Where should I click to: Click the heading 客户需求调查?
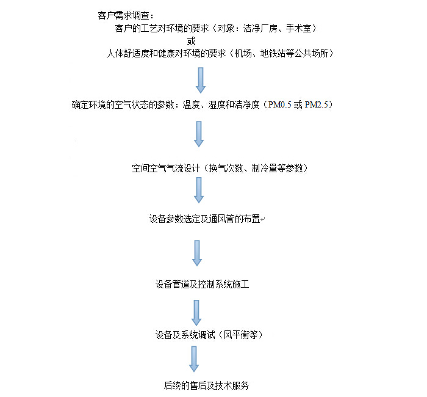(123, 15)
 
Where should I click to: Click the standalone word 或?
(191, 41)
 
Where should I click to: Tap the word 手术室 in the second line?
(298, 28)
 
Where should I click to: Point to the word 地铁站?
(273, 53)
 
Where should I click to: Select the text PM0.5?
(279, 104)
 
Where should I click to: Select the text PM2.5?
(317, 104)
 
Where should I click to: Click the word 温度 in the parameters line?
(191, 104)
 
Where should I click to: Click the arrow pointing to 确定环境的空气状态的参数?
(201, 80)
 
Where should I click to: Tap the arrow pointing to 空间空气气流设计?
(199, 134)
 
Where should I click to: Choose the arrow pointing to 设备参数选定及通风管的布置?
(199, 190)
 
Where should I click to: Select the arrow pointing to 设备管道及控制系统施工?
(197, 253)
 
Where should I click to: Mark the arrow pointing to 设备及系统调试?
(196, 313)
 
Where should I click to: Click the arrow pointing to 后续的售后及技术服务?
(194, 359)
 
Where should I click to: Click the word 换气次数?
(226, 168)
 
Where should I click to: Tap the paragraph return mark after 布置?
(263, 219)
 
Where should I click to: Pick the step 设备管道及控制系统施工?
(203, 285)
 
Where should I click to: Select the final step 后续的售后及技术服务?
(206, 385)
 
